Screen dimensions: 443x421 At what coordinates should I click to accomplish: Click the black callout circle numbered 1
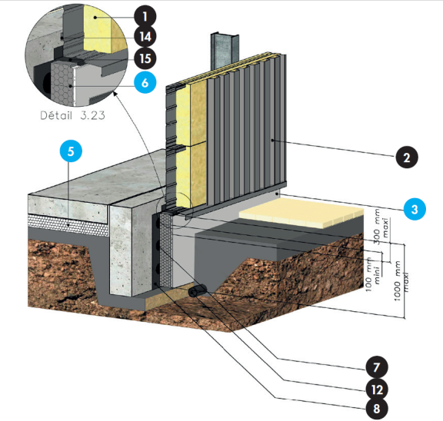tap(145, 16)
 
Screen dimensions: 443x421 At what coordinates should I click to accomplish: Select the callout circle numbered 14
tap(145, 37)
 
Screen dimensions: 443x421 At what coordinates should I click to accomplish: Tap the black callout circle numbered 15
tap(145, 58)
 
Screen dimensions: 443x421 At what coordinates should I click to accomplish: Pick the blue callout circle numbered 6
tap(145, 82)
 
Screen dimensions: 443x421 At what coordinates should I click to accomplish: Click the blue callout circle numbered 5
tap(71, 151)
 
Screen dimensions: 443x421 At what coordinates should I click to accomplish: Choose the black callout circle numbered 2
tap(407, 157)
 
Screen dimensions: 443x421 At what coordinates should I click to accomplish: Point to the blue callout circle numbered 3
tap(415, 209)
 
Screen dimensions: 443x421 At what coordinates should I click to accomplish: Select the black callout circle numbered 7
tap(376, 367)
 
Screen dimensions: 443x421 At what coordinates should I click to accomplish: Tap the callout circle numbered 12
tap(376, 390)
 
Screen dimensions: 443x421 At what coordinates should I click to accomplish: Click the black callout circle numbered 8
tap(376, 408)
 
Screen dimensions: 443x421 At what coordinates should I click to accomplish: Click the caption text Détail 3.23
tap(72, 115)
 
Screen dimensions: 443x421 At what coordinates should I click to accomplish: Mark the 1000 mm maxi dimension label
tap(401, 281)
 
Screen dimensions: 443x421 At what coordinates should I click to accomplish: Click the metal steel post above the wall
tap(225, 51)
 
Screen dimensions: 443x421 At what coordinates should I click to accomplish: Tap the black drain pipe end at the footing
tap(197, 290)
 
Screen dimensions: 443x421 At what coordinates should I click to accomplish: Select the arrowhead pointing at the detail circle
tap(115, 94)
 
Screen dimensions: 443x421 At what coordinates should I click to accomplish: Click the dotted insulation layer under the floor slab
tap(68, 225)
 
